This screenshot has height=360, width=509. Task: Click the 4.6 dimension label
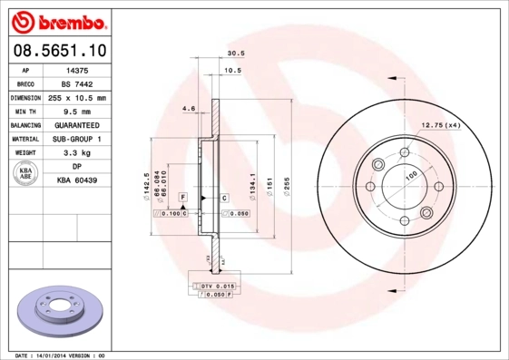click(189, 108)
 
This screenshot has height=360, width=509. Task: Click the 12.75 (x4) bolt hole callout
click(439, 124)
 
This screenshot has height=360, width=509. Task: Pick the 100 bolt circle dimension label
click(410, 174)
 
